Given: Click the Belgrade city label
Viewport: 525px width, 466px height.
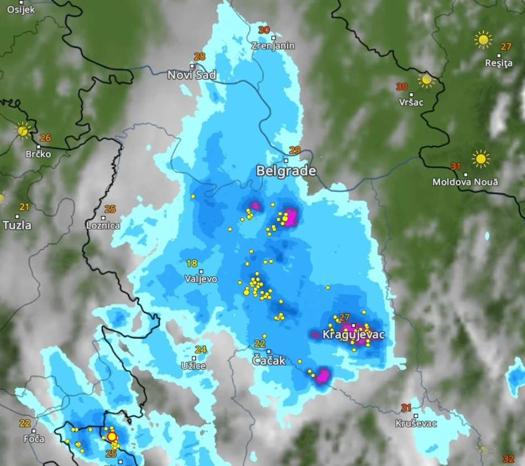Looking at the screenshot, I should [286, 171].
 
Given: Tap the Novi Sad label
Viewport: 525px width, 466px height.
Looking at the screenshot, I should [192, 75].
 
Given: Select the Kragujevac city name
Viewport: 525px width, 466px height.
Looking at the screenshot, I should [354, 335].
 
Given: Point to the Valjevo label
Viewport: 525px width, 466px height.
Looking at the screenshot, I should [201, 279].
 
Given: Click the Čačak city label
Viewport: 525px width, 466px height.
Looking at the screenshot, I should [269, 360].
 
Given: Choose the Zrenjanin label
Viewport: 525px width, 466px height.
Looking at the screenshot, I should [273, 46].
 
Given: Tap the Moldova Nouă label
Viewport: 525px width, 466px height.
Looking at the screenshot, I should [465, 182].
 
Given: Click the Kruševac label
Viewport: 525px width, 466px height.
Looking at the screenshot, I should [416, 424].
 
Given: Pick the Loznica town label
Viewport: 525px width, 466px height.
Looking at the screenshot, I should [103, 226].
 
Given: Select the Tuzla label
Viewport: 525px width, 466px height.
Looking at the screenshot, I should [17, 225].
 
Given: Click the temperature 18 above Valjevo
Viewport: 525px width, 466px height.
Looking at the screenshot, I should [192, 263].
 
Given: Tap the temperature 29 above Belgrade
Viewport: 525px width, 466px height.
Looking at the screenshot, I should [294, 150].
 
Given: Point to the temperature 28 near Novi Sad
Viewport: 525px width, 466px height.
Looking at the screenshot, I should [199, 56].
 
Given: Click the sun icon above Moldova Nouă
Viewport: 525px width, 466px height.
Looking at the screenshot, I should [480, 159].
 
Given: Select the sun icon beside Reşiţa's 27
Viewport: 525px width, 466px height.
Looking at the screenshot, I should [483, 40].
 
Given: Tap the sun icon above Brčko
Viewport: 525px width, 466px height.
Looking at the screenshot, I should [23, 131].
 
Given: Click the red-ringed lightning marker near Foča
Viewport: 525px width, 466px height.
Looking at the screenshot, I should [112, 436].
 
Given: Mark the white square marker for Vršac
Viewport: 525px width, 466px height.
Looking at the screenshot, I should [412, 94].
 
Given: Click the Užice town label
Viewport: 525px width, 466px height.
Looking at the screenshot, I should [193, 365].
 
